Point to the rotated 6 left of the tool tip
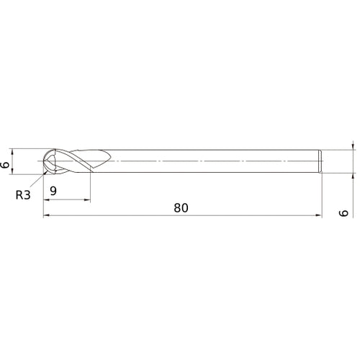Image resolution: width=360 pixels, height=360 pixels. click(6, 165)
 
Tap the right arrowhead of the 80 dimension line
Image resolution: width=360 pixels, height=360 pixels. click(320, 215)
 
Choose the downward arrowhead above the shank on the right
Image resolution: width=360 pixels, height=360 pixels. click(354, 148)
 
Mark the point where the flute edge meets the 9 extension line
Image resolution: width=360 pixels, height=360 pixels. click(90, 170)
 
